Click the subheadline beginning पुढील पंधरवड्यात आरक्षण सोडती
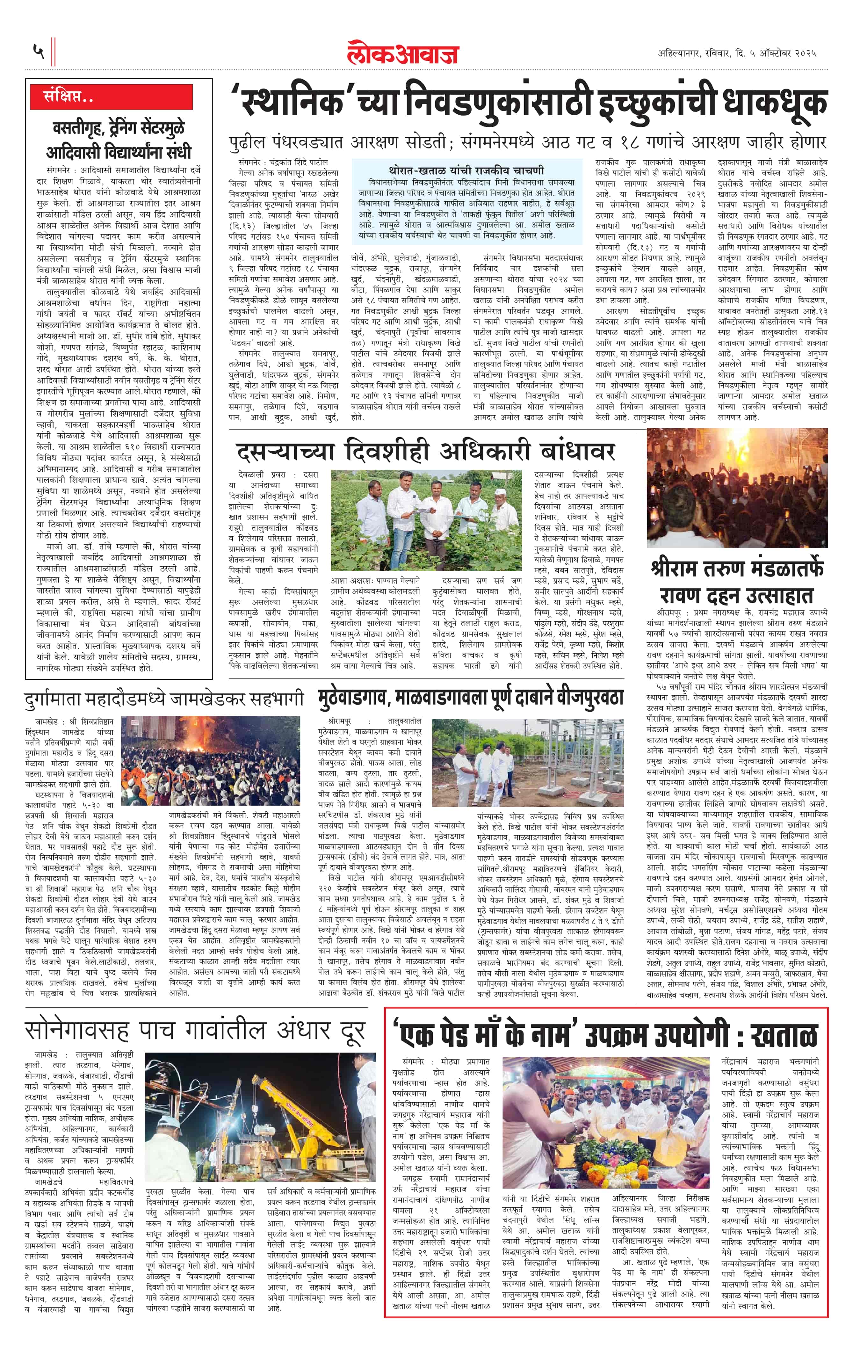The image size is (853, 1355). [527, 141]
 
